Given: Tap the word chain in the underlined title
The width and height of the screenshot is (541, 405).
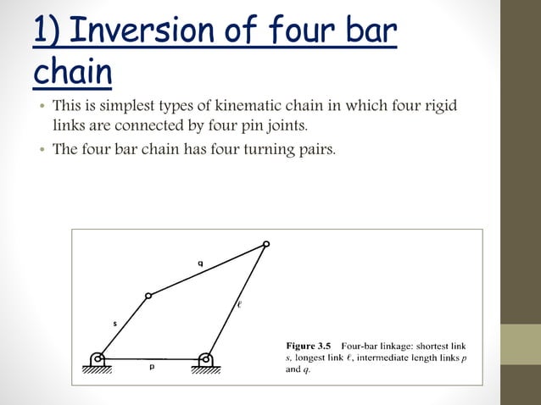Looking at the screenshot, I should point(72,73).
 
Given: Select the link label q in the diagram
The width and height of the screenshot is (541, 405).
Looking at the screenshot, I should point(200,264).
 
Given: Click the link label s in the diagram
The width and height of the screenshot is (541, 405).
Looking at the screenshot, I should point(115,323).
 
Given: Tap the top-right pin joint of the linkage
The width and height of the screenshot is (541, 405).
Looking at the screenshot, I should point(266,244).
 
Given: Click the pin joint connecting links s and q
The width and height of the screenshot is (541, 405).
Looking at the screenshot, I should point(148,296).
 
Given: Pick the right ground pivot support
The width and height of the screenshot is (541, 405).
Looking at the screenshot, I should point(204,361).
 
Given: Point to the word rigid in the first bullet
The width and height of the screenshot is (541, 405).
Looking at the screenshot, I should point(442,108).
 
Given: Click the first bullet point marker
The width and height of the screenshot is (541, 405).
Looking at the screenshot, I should point(40,108).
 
